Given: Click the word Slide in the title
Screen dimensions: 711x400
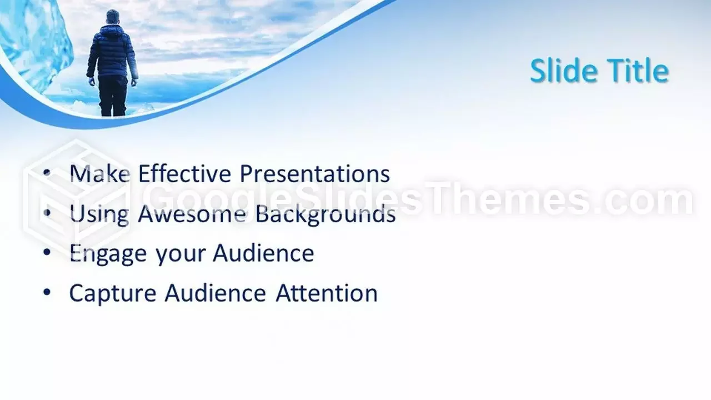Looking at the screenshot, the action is click(562, 71).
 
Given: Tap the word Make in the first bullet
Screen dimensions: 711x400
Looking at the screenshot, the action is click(99, 173).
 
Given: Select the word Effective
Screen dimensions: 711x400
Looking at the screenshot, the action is click(185, 173).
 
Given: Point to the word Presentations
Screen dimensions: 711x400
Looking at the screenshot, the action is click(314, 173).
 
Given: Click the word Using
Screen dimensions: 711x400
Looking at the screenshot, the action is click(99, 214).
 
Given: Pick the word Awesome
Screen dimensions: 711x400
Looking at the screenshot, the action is click(192, 213).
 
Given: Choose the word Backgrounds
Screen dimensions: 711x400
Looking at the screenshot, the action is click(326, 214).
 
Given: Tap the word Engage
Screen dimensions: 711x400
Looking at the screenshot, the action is click(108, 254).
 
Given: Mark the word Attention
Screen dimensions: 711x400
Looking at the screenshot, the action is click(327, 293).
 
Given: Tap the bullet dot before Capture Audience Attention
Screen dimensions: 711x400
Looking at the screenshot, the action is click(47, 292).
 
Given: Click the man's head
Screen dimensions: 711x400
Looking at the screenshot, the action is click(113, 17).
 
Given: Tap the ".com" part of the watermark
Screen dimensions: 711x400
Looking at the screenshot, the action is click(648, 199).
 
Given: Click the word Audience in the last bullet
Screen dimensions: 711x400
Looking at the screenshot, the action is click(216, 293).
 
